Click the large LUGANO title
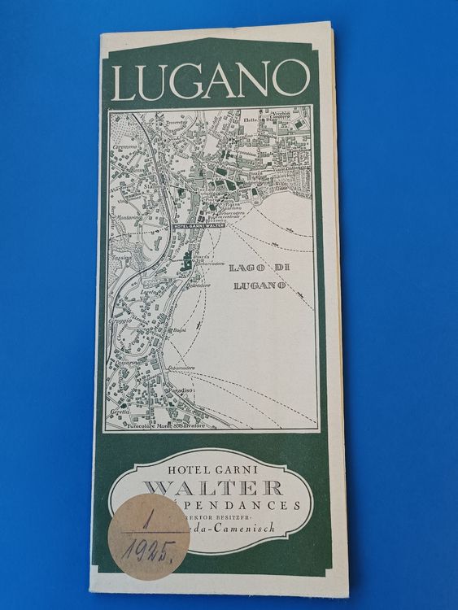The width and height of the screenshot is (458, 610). (211, 80)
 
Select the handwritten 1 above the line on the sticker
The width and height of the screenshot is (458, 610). (147, 517)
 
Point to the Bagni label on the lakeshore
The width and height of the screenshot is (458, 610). (179, 330)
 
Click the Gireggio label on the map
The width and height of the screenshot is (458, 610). (124, 321)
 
